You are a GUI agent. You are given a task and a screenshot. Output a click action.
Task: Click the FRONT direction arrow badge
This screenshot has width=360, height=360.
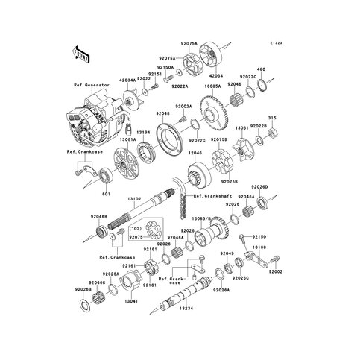pos(80,54)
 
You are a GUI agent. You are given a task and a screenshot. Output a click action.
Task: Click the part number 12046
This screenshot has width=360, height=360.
pos(194,151)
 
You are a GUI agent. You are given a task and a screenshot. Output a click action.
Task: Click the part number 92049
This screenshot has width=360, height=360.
pos(227,253)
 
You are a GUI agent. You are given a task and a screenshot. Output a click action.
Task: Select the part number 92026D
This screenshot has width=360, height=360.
pos(279,186)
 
